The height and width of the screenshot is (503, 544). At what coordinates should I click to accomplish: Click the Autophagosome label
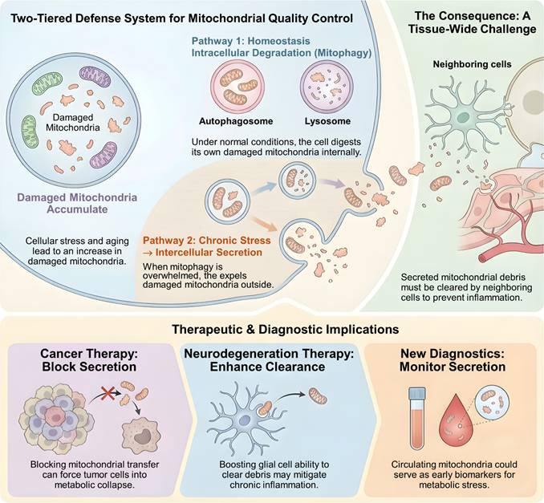click(x=236, y=121)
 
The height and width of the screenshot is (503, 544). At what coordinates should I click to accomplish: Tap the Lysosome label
click(x=327, y=121)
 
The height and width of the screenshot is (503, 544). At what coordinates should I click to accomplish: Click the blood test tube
click(x=417, y=418)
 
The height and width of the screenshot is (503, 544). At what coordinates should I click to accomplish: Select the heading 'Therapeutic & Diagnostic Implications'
click(x=285, y=329)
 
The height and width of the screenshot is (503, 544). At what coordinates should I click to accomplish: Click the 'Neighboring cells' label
click(x=472, y=64)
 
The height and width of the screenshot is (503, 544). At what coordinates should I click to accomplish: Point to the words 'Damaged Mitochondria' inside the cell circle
click(x=73, y=123)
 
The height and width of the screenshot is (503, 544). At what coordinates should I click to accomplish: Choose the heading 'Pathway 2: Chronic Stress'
click(x=207, y=241)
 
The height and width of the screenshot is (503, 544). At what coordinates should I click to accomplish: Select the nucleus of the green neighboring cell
click(x=462, y=117)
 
